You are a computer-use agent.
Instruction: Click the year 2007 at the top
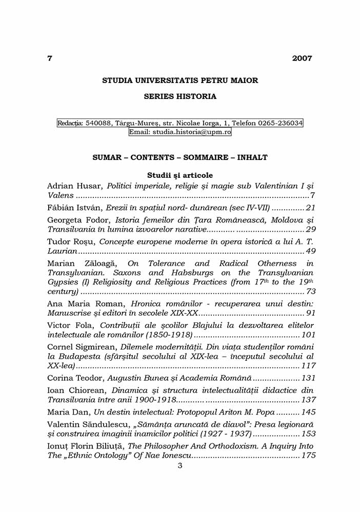click(302, 58)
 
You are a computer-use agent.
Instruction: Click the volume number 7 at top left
click(50, 58)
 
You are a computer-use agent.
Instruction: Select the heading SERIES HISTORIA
click(180, 96)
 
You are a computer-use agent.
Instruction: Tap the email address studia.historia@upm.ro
click(195, 132)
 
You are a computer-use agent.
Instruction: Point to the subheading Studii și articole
click(180, 175)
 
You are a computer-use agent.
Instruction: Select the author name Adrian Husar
click(74, 186)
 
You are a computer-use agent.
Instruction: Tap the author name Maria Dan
click(67, 412)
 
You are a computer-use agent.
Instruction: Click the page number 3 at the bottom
click(180, 466)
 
